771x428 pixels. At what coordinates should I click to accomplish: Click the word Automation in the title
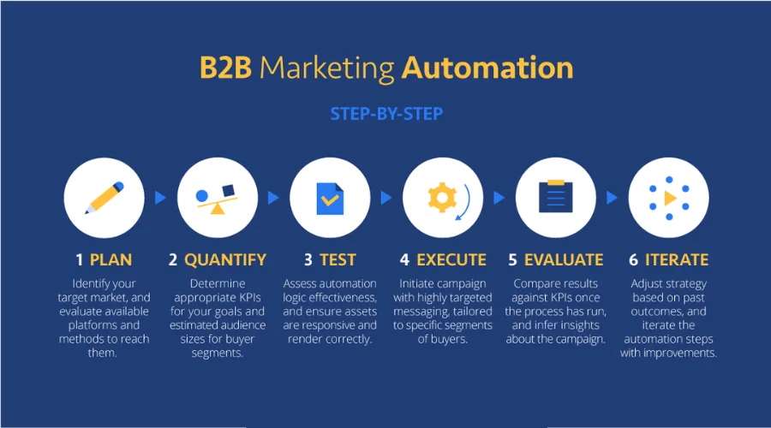coord(487,68)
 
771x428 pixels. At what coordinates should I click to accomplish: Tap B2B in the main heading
coord(225,68)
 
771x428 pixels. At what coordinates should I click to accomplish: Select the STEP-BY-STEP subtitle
coord(386,114)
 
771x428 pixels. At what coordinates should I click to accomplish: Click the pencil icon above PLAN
coord(105,198)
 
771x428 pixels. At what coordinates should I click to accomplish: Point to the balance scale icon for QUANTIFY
coord(217,199)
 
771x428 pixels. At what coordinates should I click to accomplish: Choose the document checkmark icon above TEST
coord(330,199)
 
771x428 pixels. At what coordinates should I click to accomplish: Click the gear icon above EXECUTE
coord(442,198)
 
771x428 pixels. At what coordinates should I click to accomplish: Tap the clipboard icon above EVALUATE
coord(556,196)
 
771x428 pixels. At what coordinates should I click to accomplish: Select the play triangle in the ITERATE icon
coord(670,198)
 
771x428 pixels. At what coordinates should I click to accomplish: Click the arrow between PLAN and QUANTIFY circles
coord(160,198)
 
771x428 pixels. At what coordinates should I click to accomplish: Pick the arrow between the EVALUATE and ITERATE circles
coord(612,198)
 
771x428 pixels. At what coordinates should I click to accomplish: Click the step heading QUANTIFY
coord(225,259)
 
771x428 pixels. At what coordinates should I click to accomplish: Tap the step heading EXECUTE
coord(451,259)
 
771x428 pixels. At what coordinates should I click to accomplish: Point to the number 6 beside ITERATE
coord(633,259)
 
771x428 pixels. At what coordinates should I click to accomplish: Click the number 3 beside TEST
coord(308,259)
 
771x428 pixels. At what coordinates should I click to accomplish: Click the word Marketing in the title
coord(327,68)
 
